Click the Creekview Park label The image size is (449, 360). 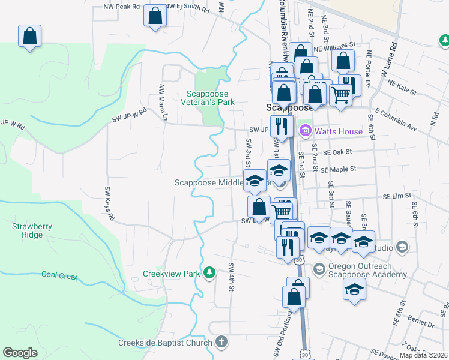[171, 274]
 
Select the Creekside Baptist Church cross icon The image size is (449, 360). [221, 342]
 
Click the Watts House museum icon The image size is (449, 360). [305, 130]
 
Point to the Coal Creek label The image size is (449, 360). [60, 275]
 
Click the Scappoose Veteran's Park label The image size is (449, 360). [218, 98]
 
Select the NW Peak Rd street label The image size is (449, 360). [121, 6]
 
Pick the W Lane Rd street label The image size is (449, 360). [389, 60]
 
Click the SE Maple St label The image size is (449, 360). [339, 170]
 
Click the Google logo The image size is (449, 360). [20, 353]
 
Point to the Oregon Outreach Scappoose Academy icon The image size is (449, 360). [319, 267]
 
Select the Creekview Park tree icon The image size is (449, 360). [209, 274]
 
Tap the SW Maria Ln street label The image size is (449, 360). [161, 101]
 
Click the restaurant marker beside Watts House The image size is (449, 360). [281, 125]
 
